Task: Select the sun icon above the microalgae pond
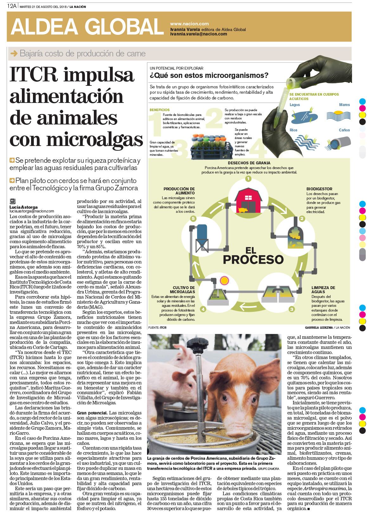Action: [224, 280]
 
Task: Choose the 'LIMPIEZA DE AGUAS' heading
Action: [323, 290]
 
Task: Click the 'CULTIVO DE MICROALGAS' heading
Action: [184, 290]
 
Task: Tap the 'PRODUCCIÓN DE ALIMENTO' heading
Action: [179, 191]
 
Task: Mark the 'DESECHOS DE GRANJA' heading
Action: [249, 163]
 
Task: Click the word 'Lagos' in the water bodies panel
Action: [294, 105]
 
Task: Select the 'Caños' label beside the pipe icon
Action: [344, 130]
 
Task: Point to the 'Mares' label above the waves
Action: [344, 105]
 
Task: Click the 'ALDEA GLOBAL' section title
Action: [87, 27]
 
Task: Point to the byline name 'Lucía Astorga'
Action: [23, 207]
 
